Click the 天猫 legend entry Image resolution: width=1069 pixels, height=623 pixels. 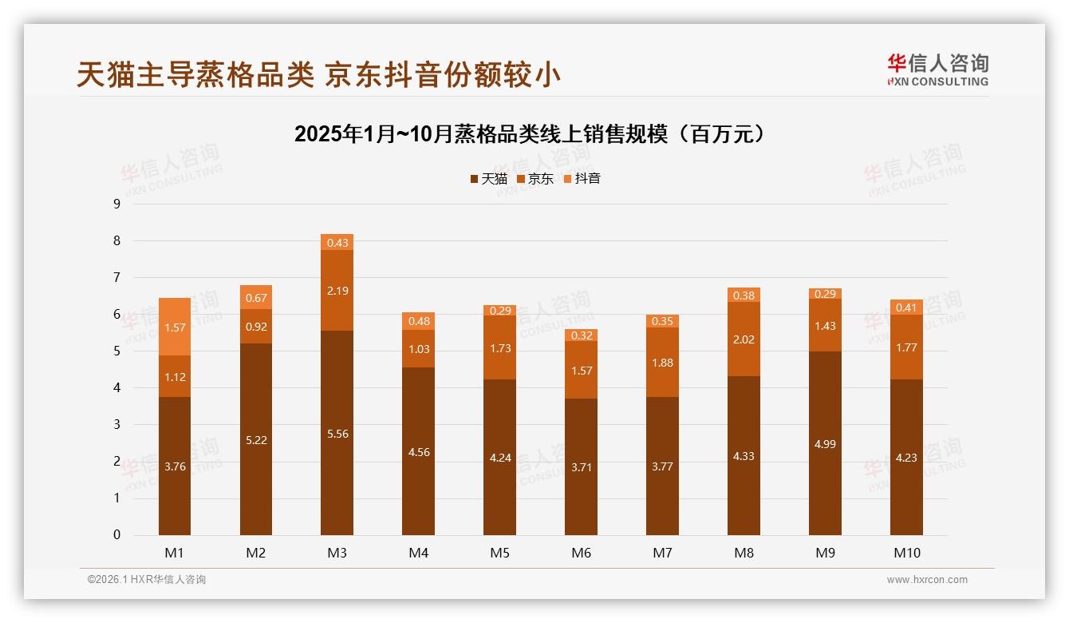coord(489,179)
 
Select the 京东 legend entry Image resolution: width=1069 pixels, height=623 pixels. coord(535,179)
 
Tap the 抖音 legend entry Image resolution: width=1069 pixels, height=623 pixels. coord(582,179)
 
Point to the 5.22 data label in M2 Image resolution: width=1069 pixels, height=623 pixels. coord(256,440)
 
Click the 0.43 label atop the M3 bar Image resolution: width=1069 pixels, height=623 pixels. coord(337,243)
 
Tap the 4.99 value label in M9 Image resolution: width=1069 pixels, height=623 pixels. coord(825,444)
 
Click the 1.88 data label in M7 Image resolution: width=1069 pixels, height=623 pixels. coord(662,363)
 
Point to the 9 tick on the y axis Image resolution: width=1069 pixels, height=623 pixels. coord(116,204)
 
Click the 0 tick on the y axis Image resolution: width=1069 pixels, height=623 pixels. coord(116,535)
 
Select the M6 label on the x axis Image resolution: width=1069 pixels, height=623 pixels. coord(581,553)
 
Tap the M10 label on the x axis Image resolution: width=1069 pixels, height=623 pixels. coord(906,553)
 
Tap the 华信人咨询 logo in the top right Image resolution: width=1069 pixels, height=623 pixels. coord(937,69)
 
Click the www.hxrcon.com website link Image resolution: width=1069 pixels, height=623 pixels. coord(927,580)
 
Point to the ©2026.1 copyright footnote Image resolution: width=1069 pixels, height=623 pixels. coord(146,580)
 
